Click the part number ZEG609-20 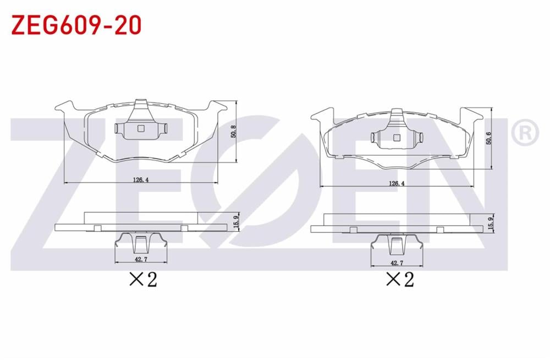(x=76, y=25)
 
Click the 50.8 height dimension (x=234, y=132)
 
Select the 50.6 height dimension (x=489, y=138)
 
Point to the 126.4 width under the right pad (x=397, y=183)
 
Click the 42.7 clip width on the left (x=141, y=260)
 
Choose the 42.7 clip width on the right (x=397, y=263)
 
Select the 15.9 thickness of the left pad (x=236, y=222)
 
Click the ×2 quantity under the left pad (x=143, y=280)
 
